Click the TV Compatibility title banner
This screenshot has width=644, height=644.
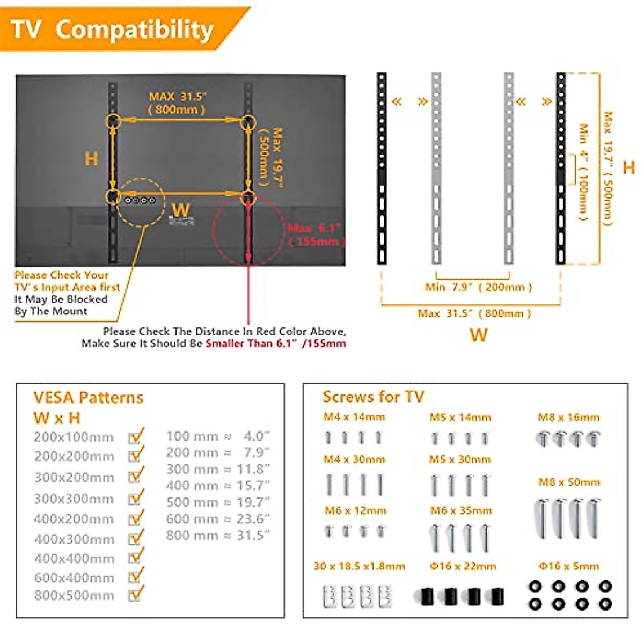[113, 29]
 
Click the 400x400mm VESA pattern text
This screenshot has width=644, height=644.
[74, 559]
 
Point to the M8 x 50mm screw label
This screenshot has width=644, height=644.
[569, 482]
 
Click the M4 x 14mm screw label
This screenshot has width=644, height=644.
[354, 417]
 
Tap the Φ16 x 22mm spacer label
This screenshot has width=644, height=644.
[463, 566]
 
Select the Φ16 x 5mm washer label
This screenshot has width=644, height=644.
[569, 566]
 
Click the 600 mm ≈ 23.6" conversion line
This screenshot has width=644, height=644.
[218, 519]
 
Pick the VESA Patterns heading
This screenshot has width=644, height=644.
[89, 398]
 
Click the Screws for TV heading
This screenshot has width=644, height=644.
[373, 397]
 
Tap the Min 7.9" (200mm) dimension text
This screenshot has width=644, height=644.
[478, 287]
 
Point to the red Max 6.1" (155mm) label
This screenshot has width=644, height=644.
[316, 235]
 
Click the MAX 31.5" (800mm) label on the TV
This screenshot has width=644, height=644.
[178, 103]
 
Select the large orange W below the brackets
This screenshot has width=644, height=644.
[478, 335]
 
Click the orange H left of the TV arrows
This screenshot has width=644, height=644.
[91, 159]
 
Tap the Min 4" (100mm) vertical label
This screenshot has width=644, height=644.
[583, 172]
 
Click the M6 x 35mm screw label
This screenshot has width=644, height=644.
[461, 510]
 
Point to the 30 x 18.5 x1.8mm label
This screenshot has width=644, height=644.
[359, 566]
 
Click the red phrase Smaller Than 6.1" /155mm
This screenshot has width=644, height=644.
[275, 343]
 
